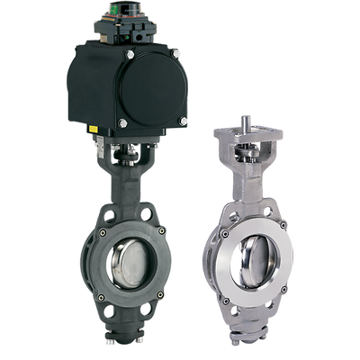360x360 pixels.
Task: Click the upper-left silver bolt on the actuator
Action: [x=130, y=56]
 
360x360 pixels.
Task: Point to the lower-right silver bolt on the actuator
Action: [x=183, y=120]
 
